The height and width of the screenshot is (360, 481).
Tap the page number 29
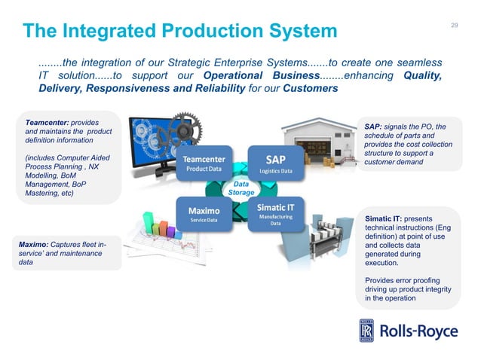click(454, 26)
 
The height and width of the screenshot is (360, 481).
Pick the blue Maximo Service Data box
click(202, 215)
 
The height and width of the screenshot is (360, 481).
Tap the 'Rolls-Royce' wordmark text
click(422, 330)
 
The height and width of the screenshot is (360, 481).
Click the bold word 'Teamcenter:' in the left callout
click(50, 121)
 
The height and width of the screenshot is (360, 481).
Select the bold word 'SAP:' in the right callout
click(375, 127)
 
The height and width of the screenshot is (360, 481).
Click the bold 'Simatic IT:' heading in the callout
click(388, 218)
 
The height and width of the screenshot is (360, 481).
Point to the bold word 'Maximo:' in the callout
click(38, 245)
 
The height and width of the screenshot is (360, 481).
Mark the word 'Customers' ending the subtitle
click(307, 88)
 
